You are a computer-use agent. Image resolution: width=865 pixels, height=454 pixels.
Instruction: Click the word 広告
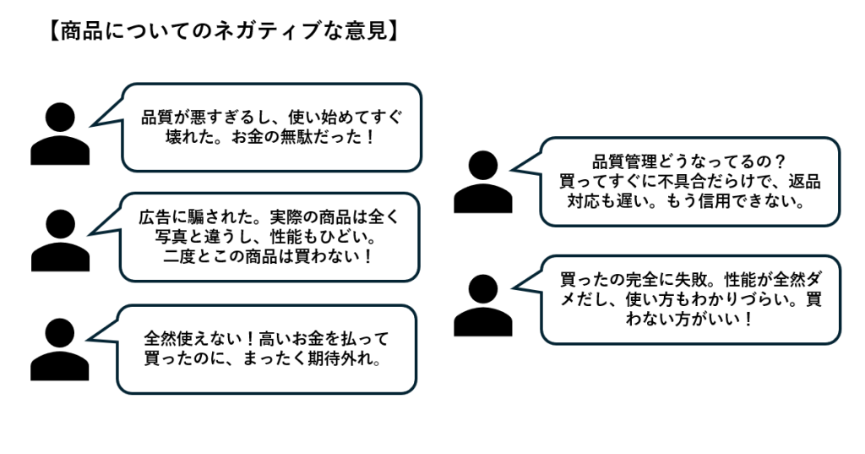pos(151,216)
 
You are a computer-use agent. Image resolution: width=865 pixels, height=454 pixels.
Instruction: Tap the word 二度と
pos(184,255)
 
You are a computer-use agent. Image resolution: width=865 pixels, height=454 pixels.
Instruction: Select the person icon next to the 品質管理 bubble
pos(482,181)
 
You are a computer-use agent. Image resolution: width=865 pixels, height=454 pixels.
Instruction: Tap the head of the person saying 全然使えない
pos(60,332)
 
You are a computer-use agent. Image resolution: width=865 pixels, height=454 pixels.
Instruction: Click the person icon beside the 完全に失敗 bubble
pos(482,305)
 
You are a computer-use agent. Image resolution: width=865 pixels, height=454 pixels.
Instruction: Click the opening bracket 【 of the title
pos(52,31)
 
